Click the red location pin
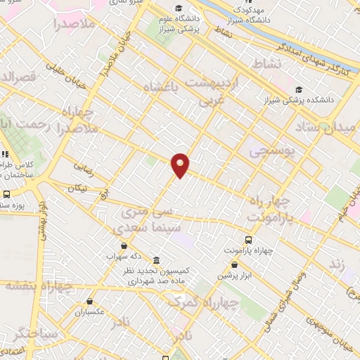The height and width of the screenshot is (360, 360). [181, 165]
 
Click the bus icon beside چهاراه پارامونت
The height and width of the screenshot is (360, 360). [248, 240]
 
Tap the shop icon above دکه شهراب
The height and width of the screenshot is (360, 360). [124, 245]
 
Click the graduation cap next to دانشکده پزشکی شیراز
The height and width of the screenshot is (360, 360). [300, 89]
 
